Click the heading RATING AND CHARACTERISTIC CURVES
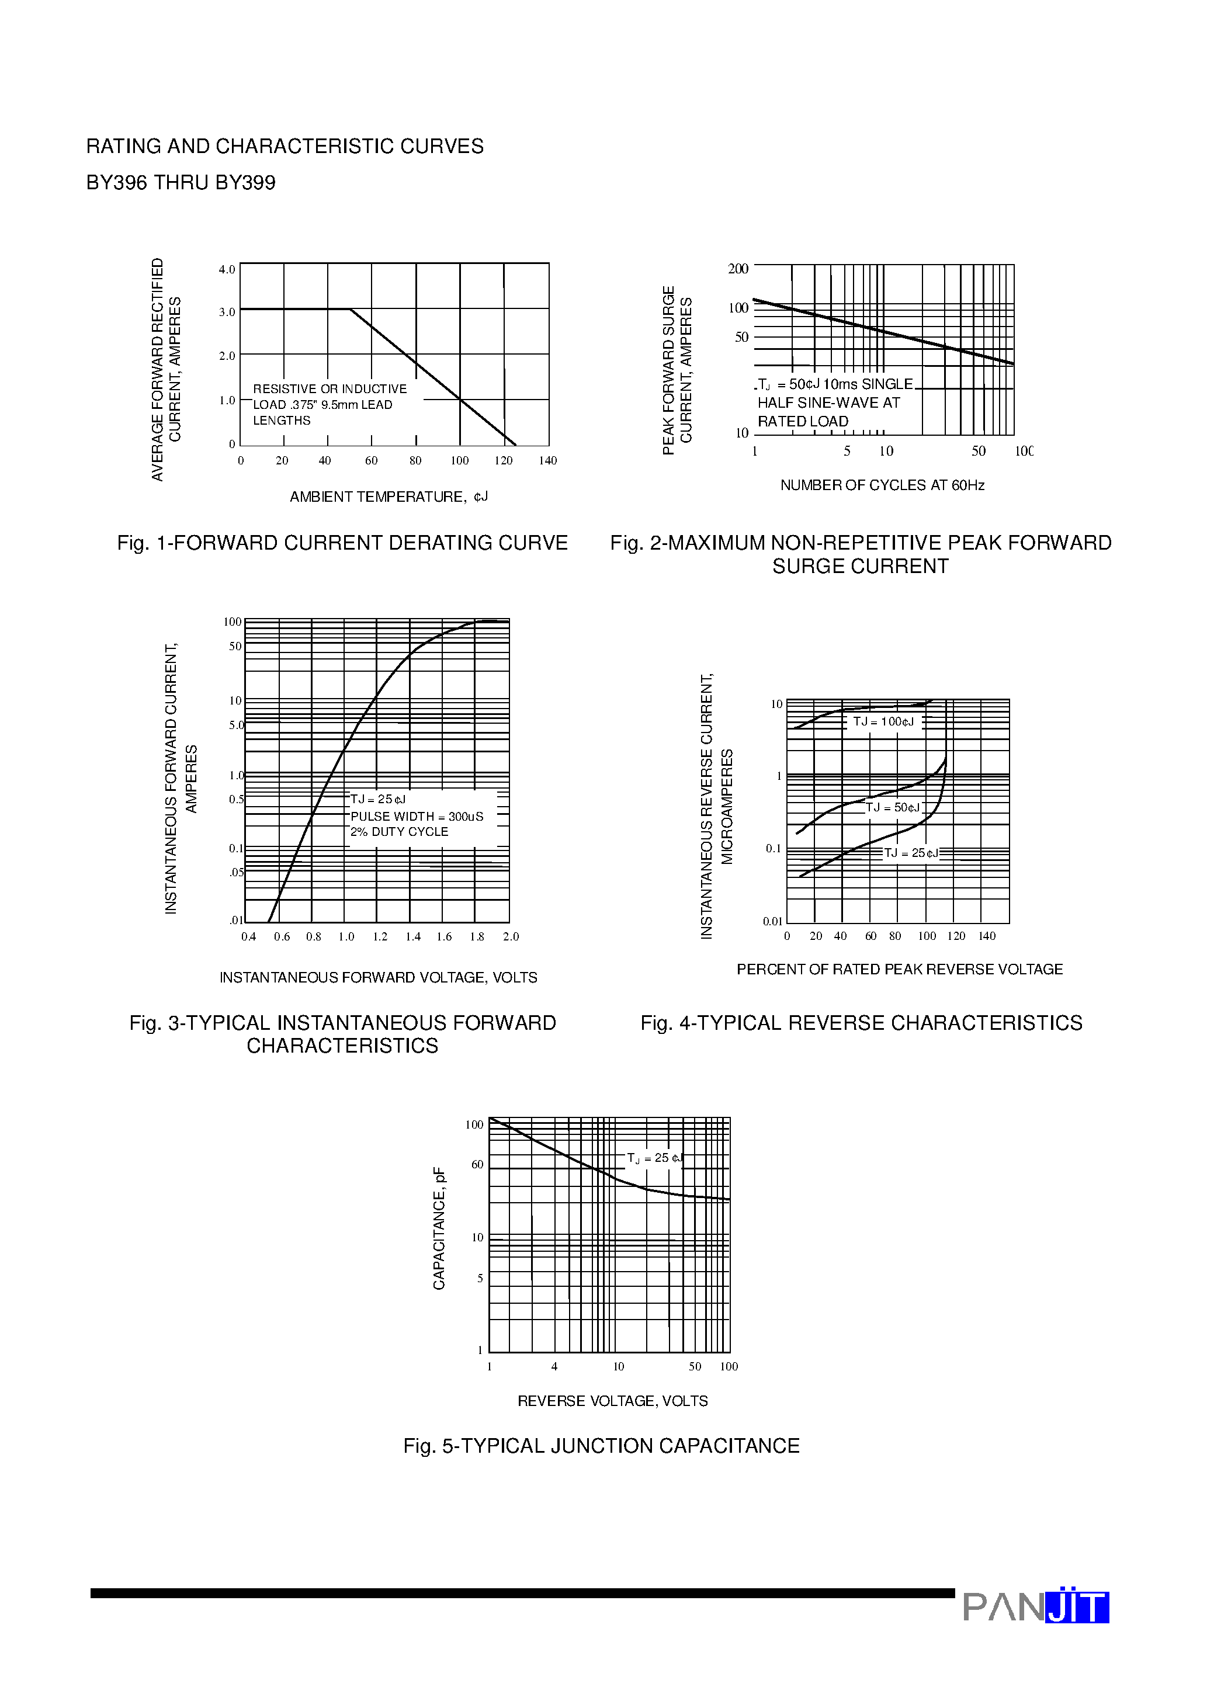click(285, 147)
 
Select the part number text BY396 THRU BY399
click(181, 183)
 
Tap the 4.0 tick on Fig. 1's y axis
click(226, 269)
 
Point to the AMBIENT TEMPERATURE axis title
click(389, 497)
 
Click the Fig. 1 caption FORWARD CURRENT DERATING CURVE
click(342, 543)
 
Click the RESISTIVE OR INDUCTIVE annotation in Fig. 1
click(330, 389)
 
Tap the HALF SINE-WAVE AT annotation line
click(828, 402)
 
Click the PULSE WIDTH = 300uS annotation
click(417, 816)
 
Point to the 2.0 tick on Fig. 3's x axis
click(511, 936)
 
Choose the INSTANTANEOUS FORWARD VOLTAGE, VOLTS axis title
click(378, 977)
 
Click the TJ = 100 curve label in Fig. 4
click(883, 721)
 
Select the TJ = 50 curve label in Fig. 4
click(893, 807)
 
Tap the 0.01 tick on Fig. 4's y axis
click(772, 921)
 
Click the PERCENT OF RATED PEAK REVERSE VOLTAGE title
click(899, 969)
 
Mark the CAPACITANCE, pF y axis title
click(439, 1228)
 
